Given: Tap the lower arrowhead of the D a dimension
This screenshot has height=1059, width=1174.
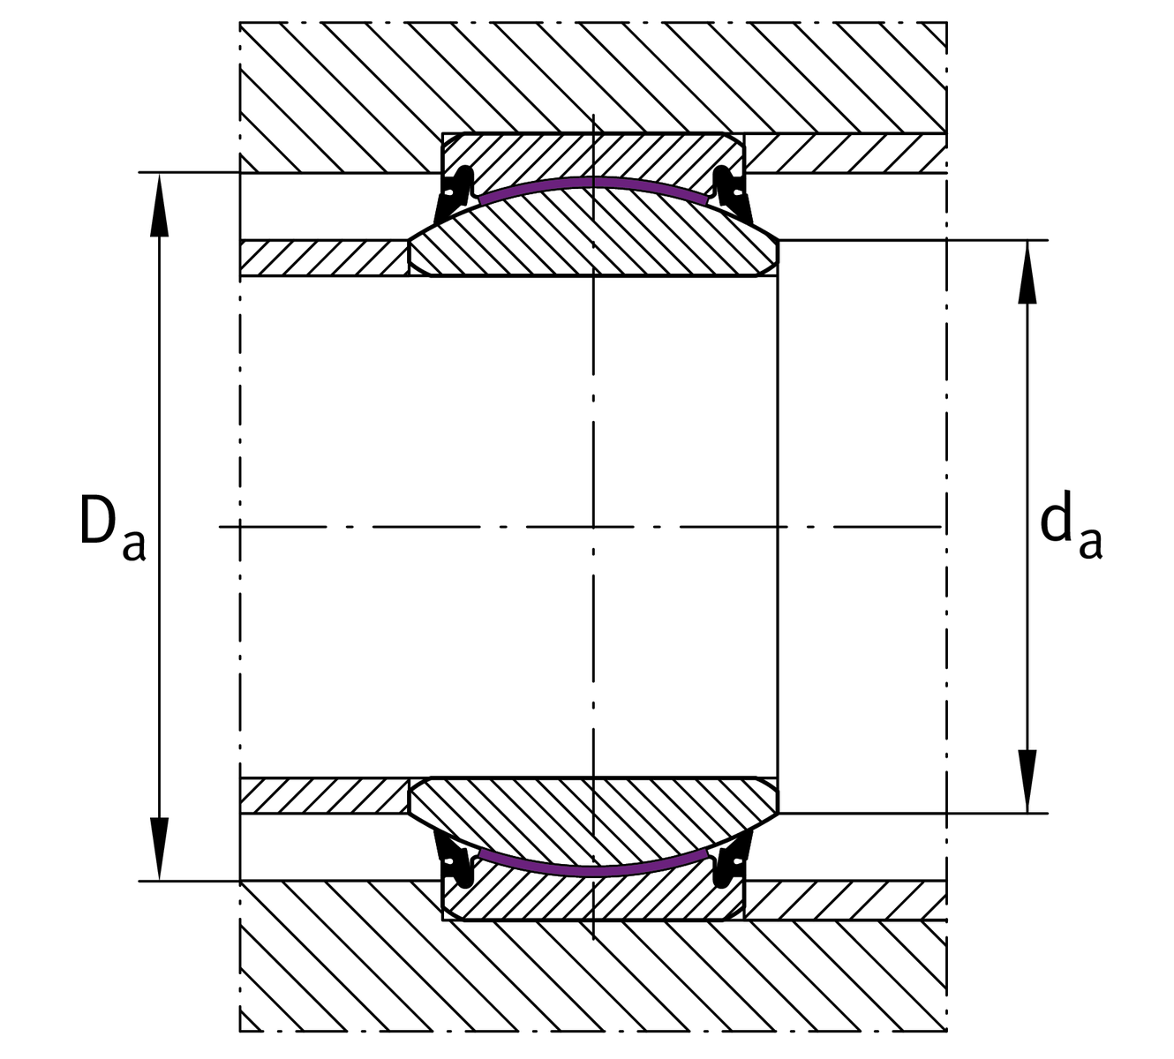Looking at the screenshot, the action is coord(159,848).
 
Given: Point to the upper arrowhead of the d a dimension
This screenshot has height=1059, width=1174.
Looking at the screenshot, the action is coord(1027,272).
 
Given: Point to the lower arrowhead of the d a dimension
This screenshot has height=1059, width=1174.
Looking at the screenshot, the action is coord(1027,782).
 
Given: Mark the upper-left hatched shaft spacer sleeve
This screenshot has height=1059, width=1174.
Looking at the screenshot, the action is coord(324,258).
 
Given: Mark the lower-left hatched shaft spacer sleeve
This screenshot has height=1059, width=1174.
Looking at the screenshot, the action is coord(324,796).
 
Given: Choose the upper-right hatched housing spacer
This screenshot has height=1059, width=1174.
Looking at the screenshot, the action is coord(846,154).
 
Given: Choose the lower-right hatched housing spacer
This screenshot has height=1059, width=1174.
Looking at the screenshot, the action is coord(846,900).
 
